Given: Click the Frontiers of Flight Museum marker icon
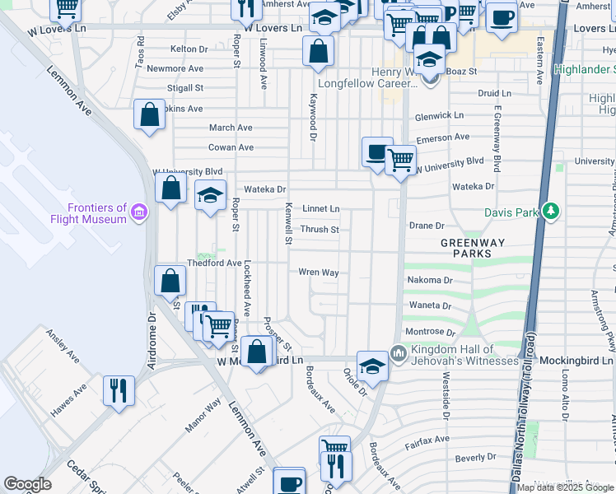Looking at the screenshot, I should [x=139, y=214].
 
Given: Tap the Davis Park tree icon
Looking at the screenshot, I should [x=551, y=212].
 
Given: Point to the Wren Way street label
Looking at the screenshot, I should [x=319, y=272].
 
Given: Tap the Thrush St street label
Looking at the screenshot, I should [x=320, y=230].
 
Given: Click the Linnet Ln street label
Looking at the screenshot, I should [x=321, y=209].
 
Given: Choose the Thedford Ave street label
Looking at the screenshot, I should [x=213, y=263].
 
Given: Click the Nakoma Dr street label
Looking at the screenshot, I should [x=431, y=280].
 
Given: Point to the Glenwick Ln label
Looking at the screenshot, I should [x=439, y=116].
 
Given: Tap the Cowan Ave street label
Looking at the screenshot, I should [x=231, y=147].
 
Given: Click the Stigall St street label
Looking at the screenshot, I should [x=184, y=87].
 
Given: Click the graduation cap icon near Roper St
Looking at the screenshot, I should [x=210, y=196].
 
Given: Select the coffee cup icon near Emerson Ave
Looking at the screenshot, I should [x=377, y=151].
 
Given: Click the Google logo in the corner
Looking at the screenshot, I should [x=27, y=484].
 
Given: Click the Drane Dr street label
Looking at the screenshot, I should [x=427, y=225].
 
